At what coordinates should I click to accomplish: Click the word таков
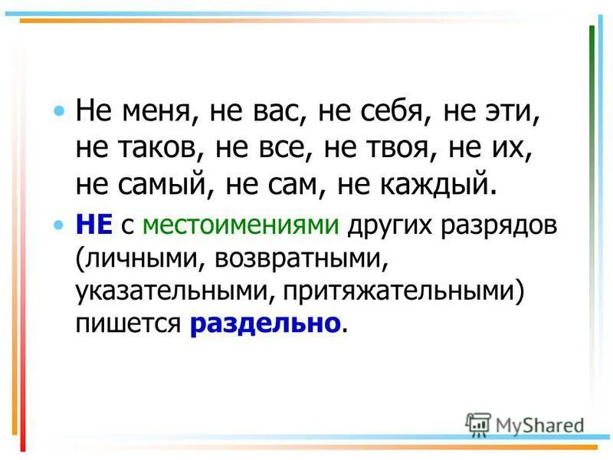tap(152, 150)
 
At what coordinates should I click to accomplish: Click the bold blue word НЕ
tap(94, 225)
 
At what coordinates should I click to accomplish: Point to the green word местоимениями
tap(241, 225)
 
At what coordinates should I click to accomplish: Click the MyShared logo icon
tap(478, 423)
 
